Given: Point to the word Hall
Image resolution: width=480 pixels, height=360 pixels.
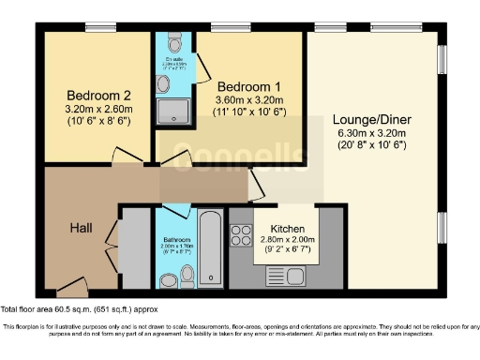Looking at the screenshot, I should point(82,228).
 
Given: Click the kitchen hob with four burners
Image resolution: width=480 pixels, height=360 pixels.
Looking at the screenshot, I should point(240,233).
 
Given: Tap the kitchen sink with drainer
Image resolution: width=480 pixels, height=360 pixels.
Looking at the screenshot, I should point(280,276).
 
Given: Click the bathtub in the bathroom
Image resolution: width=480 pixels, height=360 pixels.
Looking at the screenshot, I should point(210,247).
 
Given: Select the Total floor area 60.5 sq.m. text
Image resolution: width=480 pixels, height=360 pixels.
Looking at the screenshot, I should point(79,307).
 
